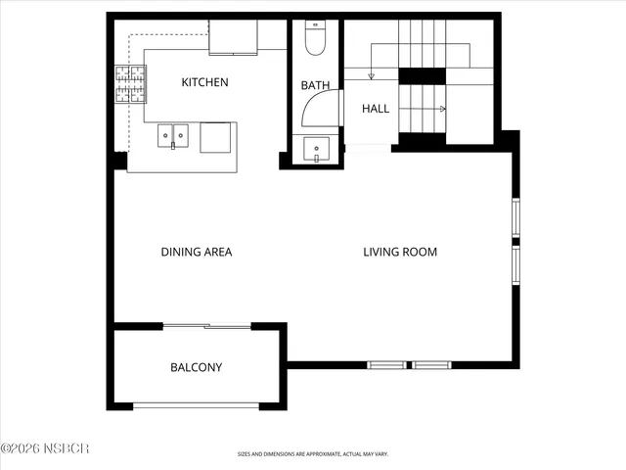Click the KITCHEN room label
pos(205,82)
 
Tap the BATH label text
pos(315,86)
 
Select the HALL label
pos(376,109)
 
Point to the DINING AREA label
pos(197,252)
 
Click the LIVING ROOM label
pos(400,252)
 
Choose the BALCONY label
pos(197,368)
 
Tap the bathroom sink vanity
pos(316,151)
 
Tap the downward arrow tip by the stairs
pos(371,76)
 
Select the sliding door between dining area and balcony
pos(206,325)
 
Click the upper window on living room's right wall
pos(515,218)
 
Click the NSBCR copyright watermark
pos(45,449)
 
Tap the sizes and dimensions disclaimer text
pos(312,454)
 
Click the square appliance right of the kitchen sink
pos(218,137)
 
